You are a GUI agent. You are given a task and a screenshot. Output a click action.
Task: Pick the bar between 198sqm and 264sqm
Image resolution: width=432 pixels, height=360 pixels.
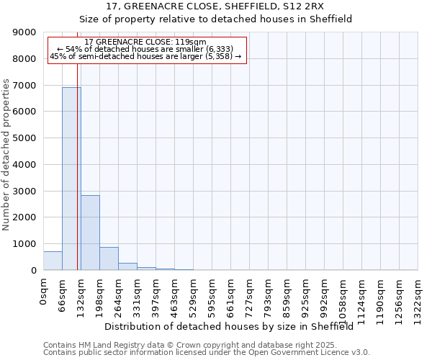[x=109, y=258]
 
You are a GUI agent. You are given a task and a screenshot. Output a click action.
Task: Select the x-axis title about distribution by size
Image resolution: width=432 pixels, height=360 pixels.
[x=234, y=326]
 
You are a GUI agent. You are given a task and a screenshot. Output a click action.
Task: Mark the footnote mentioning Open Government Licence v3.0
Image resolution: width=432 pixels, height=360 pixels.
[x=207, y=352]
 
